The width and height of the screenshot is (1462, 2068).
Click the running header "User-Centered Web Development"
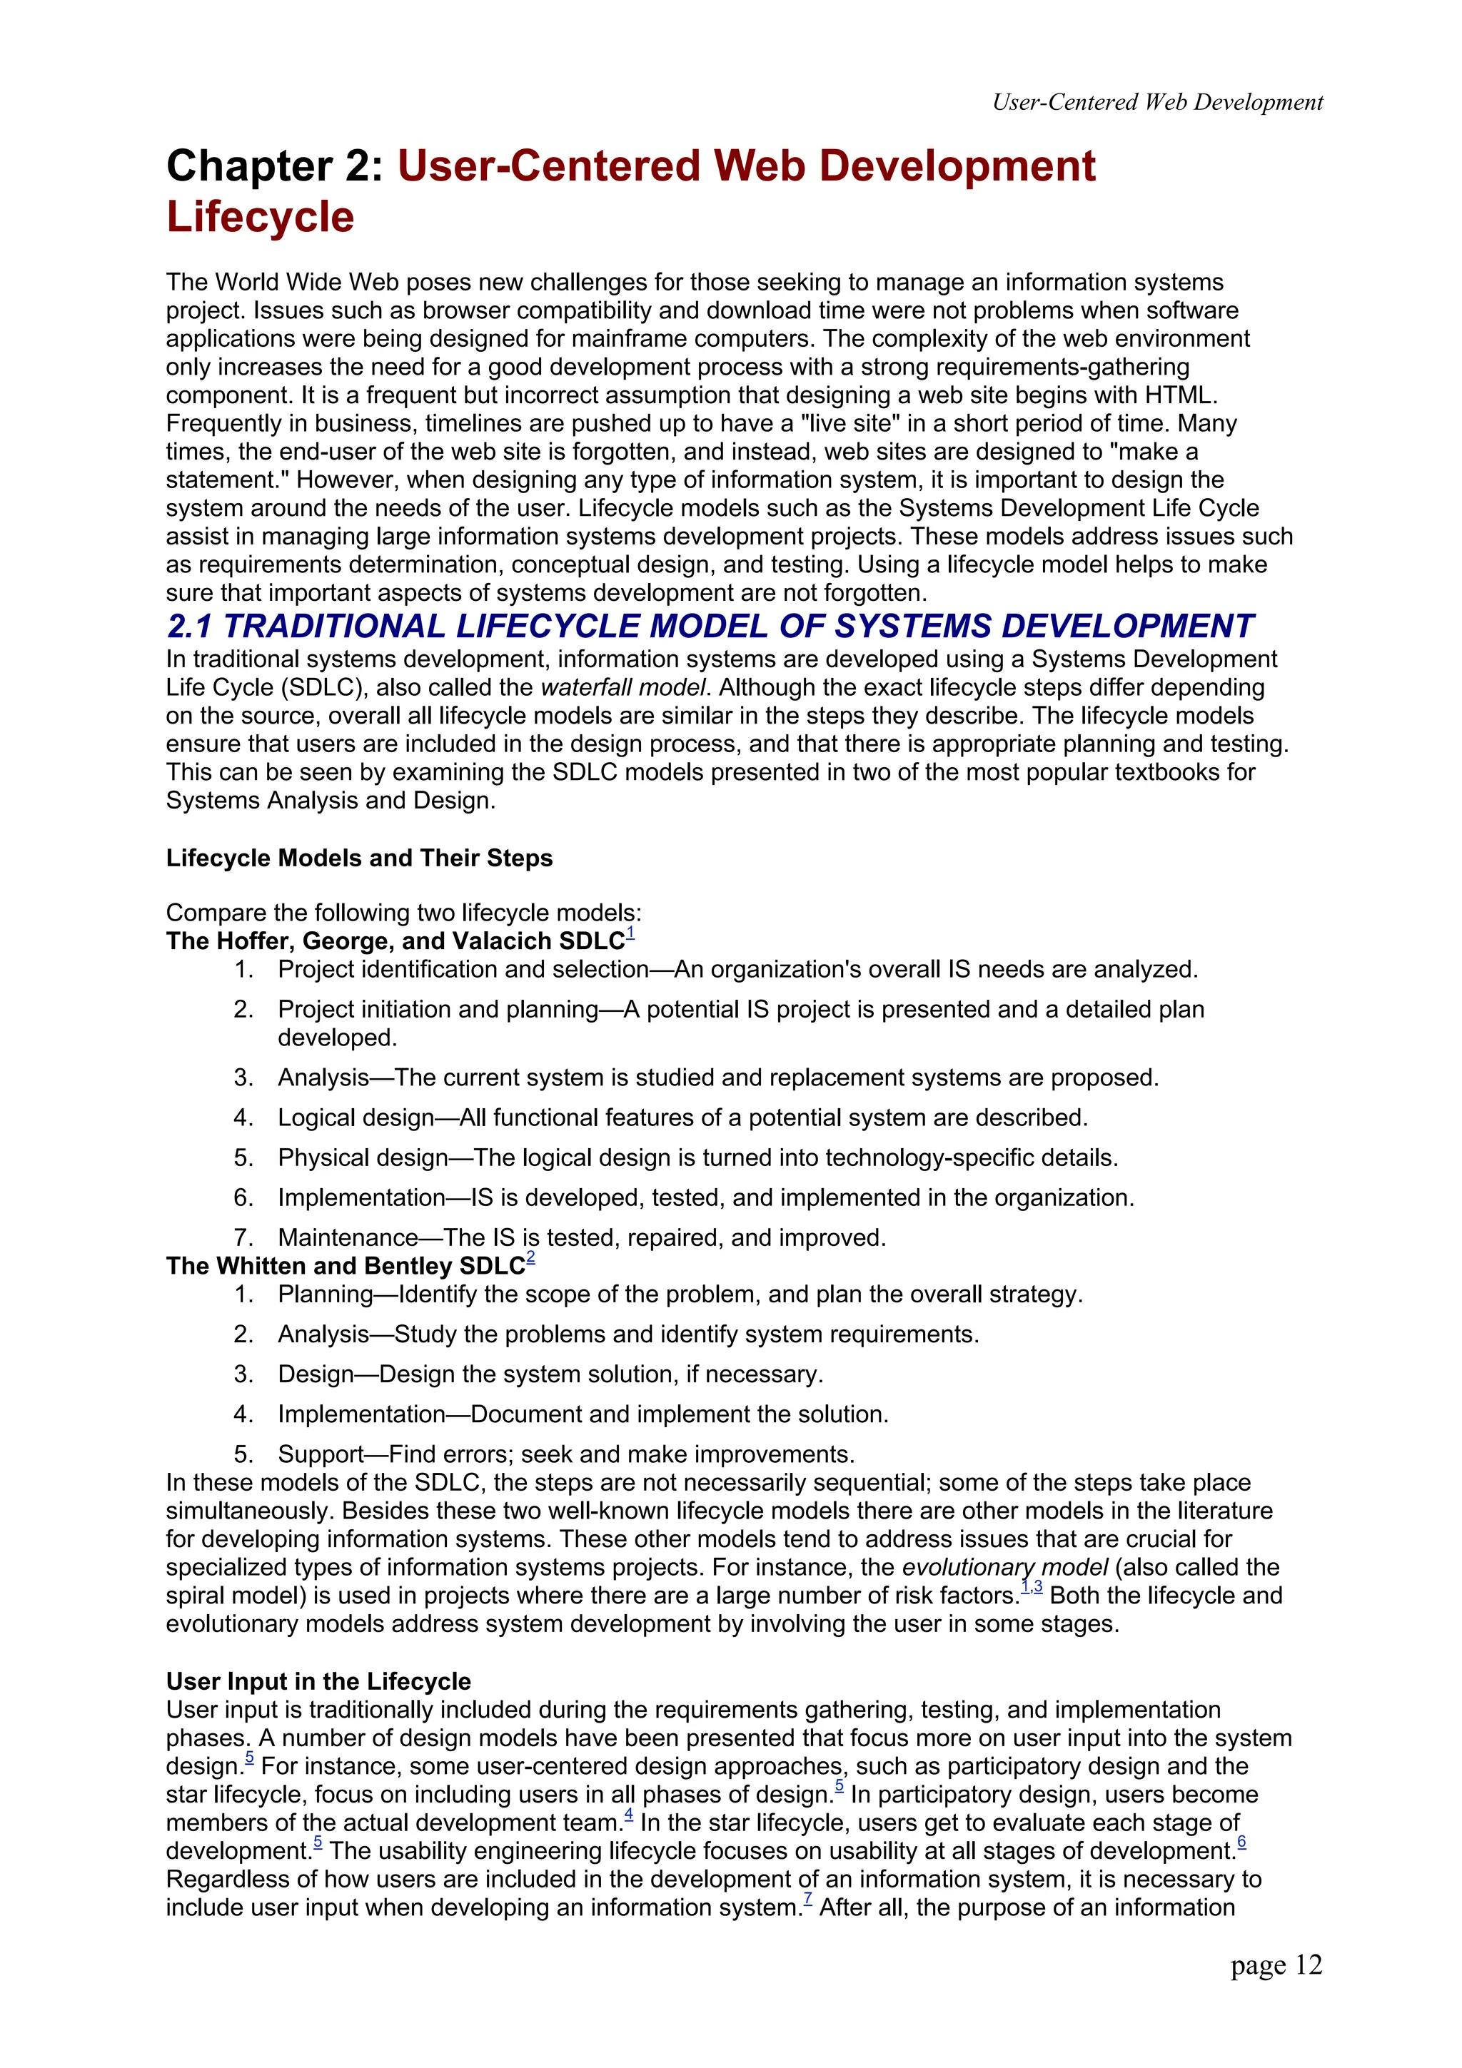pos(1156,103)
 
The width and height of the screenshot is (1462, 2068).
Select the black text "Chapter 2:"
pos(275,167)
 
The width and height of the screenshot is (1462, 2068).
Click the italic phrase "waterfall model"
pos(622,687)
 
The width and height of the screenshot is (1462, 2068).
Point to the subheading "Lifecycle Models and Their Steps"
pos(358,858)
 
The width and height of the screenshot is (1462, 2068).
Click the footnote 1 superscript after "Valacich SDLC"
pos(630,934)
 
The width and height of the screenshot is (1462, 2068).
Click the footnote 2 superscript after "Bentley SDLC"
pos(530,1259)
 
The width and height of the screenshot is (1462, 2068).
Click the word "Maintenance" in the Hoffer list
pos(348,1237)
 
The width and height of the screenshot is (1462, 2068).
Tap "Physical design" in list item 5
pos(362,1157)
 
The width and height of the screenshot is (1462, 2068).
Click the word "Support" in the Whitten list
pos(321,1454)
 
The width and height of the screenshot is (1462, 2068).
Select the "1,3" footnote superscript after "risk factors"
pos(1032,1588)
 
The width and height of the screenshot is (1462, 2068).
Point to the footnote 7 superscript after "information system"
pos(808,1900)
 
